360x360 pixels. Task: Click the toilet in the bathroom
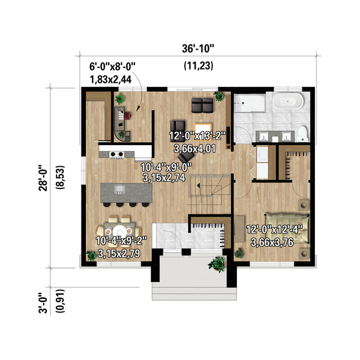(304, 133)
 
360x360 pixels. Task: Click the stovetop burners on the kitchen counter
(116, 155)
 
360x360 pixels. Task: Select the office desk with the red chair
(120, 116)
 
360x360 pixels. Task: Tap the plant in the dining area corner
(91, 255)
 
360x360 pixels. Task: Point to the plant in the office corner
(123, 134)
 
